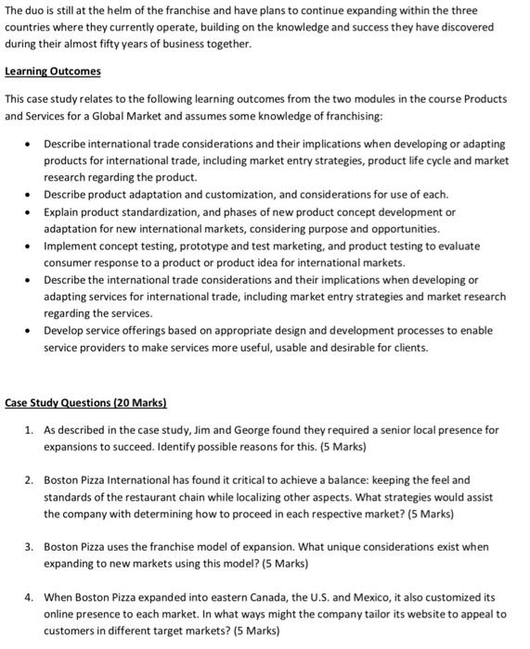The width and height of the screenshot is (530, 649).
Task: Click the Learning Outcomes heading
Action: click(53, 71)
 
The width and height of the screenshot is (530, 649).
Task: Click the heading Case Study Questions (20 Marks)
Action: click(85, 403)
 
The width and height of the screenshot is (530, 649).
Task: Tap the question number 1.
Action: click(29, 430)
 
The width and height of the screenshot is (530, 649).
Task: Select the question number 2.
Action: click(29, 480)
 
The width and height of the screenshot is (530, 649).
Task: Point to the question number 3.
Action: click(29, 547)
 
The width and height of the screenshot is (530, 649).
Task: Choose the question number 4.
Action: click(29, 597)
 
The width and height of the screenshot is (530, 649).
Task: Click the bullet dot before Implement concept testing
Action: click(31, 246)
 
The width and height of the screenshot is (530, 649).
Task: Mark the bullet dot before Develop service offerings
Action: click(31, 330)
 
